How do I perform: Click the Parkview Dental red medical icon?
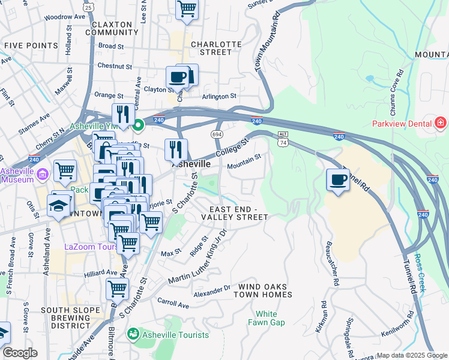click(441, 123)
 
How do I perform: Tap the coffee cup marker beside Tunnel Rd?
click(339, 179)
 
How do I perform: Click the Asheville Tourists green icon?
click(133, 334)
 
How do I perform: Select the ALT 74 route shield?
click(283, 139)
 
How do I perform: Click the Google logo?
click(20, 353)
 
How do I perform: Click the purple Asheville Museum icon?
click(42, 175)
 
